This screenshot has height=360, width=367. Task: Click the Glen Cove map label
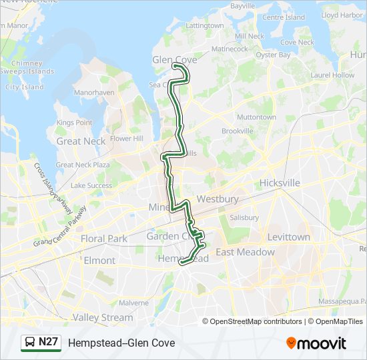point(175,59)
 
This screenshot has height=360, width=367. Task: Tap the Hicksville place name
point(280,183)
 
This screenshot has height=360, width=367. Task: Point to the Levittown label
point(288,237)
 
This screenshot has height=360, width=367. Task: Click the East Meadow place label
point(245,252)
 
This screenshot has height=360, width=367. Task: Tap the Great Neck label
point(81,141)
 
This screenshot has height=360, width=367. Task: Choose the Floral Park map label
point(103,238)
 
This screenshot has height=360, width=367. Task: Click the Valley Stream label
point(103,317)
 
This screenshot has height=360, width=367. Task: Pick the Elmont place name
point(99,260)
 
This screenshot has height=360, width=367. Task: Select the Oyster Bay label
point(274,55)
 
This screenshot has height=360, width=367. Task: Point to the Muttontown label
point(256,117)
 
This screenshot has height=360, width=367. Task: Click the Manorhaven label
point(93,93)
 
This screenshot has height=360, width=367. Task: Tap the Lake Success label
point(91,185)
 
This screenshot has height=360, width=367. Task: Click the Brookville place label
point(238,131)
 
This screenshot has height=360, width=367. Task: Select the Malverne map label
point(134,302)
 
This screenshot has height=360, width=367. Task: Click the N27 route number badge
point(49,343)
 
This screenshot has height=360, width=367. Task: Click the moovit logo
point(316,343)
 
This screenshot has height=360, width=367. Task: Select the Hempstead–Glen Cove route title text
point(121,343)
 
